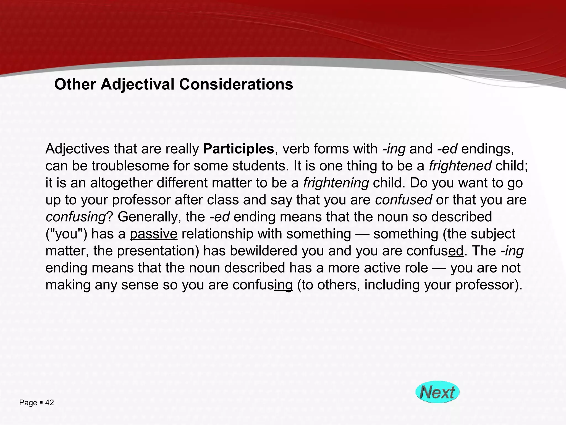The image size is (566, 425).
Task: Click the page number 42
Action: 49,403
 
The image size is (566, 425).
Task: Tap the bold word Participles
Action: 238,149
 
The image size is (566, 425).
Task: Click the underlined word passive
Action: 153,234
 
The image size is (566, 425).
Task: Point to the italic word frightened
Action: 460,166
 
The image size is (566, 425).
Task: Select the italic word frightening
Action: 336,183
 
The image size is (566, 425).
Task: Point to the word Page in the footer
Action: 28,403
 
